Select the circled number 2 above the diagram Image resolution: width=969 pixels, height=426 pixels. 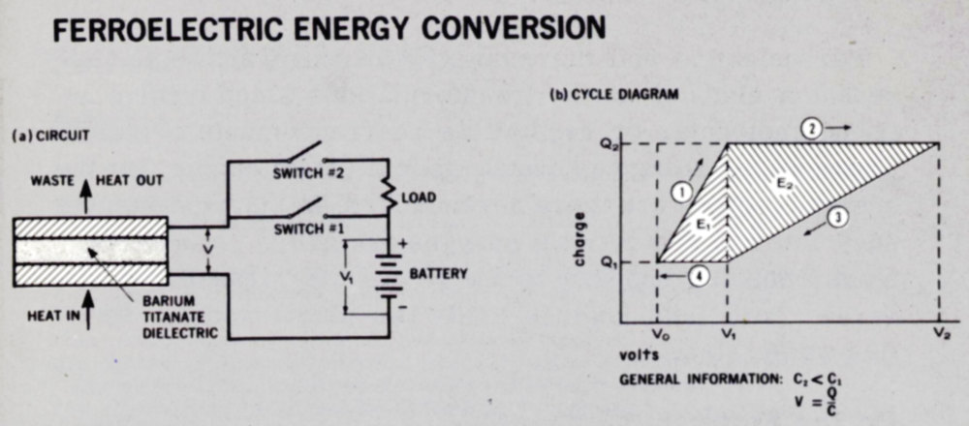click(816, 127)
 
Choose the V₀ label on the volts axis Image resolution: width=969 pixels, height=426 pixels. click(658, 334)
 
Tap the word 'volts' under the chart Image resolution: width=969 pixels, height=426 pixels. click(641, 355)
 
